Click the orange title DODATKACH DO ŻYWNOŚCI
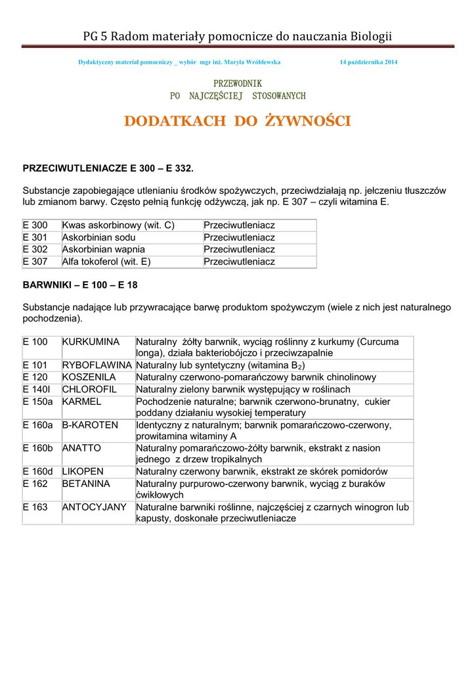(x=238, y=121)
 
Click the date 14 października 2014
(x=368, y=62)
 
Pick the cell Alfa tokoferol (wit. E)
(x=106, y=262)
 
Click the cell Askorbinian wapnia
(x=104, y=250)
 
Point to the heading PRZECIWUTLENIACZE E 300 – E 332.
(x=108, y=169)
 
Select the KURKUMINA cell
(x=91, y=342)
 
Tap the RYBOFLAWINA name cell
(x=97, y=365)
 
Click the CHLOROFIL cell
(x=89, y=389)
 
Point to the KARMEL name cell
(x=82, y=402)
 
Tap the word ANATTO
(x=82, y=448)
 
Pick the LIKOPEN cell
(x=84, y=471)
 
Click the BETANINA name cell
(x=87, y=484)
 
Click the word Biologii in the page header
(x=371, y=36)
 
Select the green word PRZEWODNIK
(x=238, y=83)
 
